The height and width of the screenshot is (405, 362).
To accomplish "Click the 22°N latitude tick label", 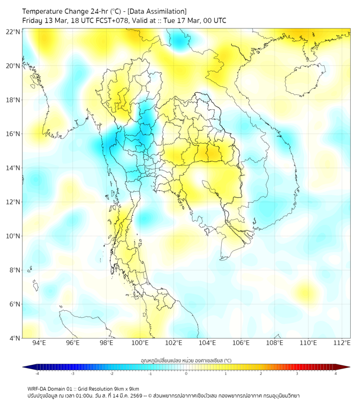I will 13,32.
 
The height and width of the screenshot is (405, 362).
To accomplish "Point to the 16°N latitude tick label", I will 13,134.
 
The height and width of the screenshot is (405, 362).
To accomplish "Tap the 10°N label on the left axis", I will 13,236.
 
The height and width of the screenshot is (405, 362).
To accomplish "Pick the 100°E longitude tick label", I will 140,343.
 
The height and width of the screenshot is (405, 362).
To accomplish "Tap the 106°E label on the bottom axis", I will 241,343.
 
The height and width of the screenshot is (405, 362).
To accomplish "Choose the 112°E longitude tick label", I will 342,343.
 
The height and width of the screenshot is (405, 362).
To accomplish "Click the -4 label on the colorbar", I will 37,373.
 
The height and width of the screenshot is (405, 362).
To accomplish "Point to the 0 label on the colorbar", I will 186,373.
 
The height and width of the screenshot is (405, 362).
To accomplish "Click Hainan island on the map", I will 301,83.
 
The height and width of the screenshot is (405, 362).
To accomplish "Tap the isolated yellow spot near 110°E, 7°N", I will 307,292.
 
